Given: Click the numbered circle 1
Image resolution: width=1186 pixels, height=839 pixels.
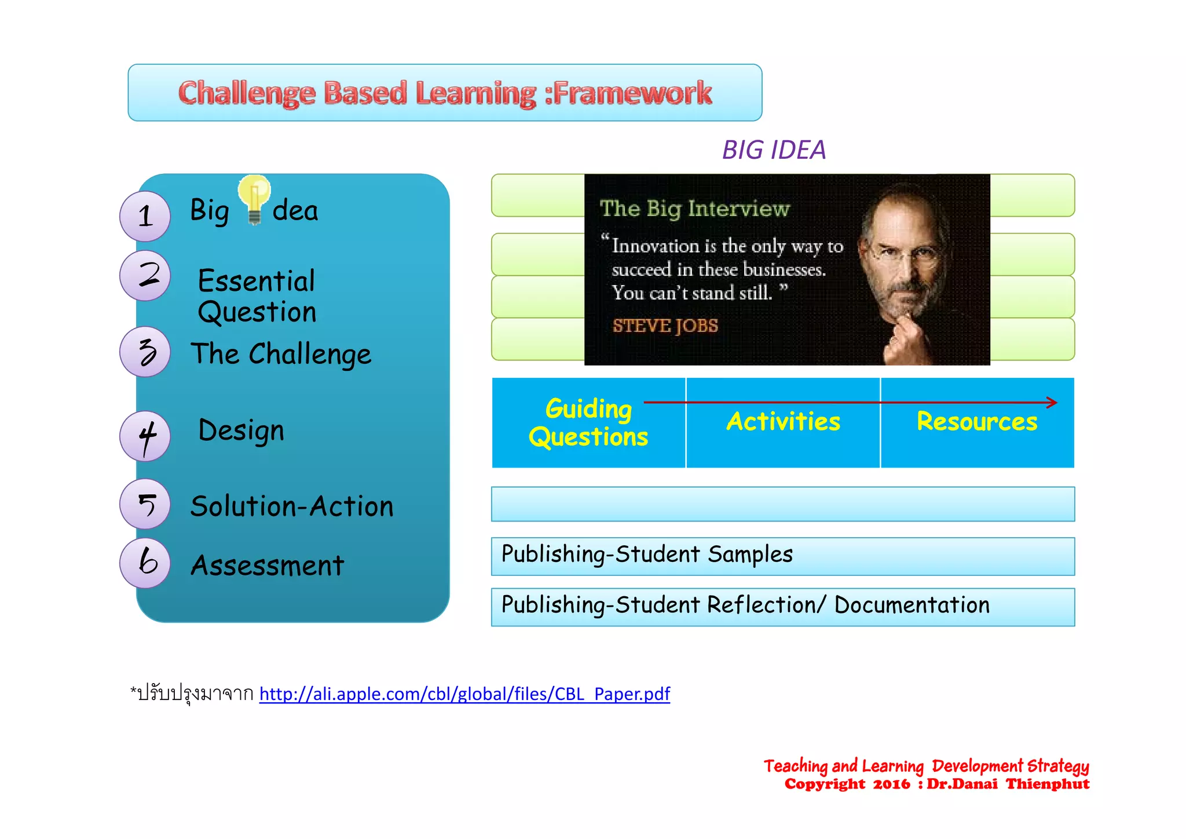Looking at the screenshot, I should pos(145,216).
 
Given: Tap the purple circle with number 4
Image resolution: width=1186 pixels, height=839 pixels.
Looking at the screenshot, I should pos(145,436).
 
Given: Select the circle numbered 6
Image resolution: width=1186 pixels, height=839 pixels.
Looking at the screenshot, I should pos(145,563).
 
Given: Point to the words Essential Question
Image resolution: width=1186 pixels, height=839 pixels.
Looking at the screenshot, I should pos(257,296).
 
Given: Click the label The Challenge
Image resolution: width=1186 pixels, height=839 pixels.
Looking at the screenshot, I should pos(281,354).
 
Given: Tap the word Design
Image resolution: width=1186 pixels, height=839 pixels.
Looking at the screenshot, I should pos(241,431).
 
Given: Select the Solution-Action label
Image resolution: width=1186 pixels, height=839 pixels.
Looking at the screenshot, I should pos(292,506).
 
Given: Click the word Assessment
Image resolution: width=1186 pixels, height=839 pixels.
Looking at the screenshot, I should pos(268,566).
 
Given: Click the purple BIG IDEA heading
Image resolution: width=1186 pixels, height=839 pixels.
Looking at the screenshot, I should pos(774,150).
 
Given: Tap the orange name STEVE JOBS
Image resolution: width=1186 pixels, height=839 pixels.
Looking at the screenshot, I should pos(665,326).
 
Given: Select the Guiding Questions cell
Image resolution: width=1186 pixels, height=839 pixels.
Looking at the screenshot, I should pos(588,423).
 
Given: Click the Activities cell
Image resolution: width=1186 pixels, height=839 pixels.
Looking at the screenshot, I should pos(783,423).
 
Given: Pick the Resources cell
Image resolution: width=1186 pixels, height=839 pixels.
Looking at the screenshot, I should pos(977,423).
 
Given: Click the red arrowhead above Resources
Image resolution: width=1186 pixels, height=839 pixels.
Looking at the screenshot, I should pos(1052,402).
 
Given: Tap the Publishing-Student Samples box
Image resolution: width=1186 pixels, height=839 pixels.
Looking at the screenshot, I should pos(783,556).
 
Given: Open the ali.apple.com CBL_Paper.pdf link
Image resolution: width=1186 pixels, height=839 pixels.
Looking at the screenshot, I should pos(464,694).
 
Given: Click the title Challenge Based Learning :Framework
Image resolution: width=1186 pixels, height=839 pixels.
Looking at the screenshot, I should pos(445,93).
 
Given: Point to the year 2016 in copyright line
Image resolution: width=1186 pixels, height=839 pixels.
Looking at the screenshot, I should pos(891,785).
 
